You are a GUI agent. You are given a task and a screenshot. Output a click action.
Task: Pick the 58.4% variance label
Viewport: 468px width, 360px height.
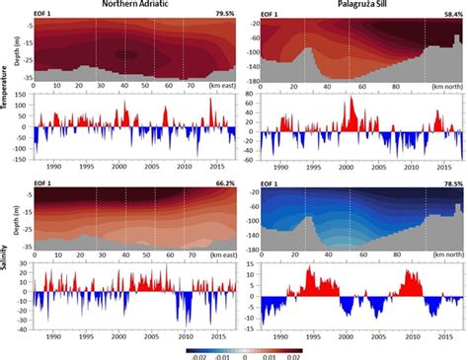click(x=455, y=17)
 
